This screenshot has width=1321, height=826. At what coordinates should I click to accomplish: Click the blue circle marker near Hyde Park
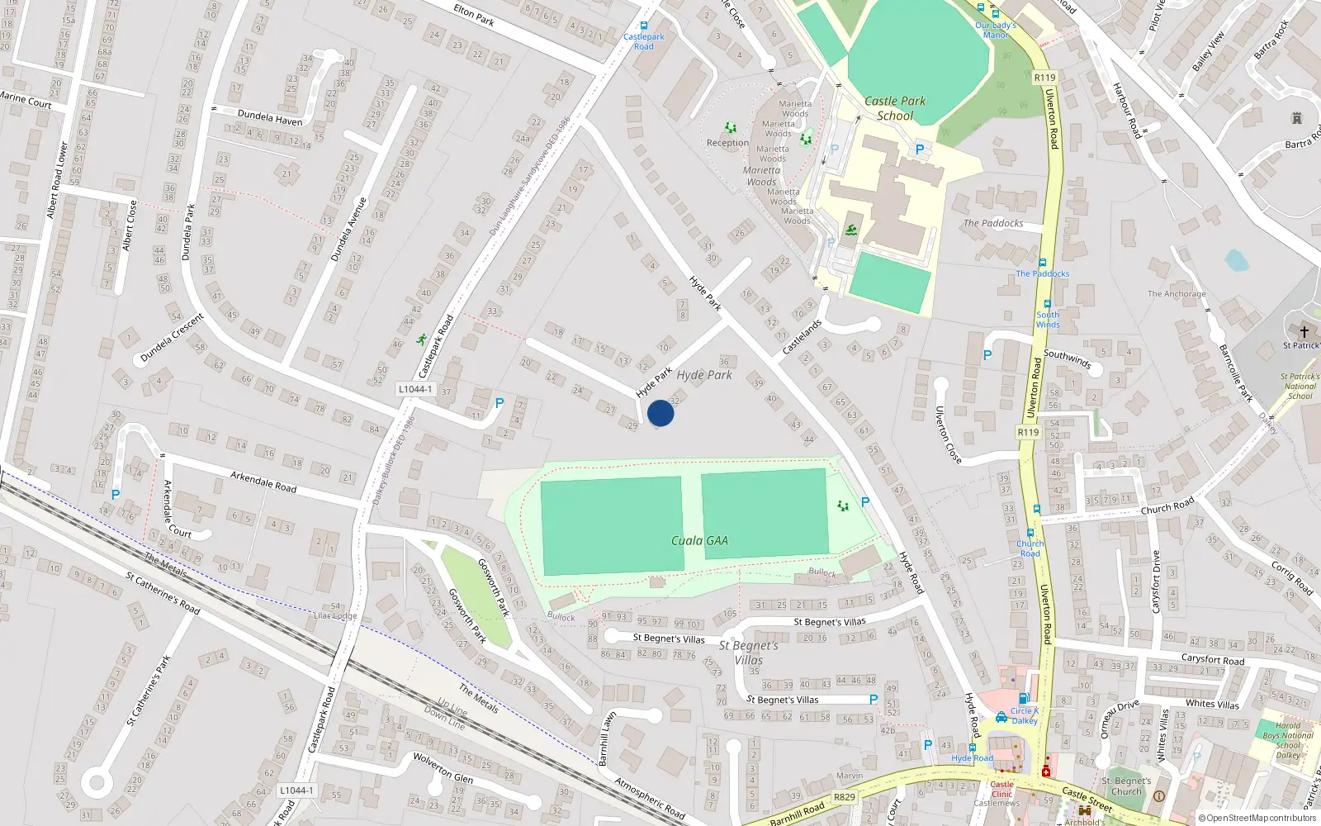point(660,413)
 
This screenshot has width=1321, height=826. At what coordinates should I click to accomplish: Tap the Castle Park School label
point(895,108)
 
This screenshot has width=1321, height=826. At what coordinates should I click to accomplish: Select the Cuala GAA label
point(699,540)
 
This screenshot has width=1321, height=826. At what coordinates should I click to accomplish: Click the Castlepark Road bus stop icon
point(644,26)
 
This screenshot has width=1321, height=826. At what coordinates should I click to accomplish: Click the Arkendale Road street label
point(263,482)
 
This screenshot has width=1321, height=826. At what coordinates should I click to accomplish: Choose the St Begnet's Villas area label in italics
point(748,653)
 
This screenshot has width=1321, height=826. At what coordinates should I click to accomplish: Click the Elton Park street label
point(474,14)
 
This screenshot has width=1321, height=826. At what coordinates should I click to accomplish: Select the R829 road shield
point(844,797)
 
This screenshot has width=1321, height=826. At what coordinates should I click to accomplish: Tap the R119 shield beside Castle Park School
point(1044,78)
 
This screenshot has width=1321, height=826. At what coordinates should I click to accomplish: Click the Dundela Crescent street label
point(172,337)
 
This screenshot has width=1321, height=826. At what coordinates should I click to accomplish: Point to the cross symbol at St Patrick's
point(1304,331)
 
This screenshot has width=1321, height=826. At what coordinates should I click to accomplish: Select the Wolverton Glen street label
point(443,767)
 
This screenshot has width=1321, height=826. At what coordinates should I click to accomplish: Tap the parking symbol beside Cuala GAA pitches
point(865,501)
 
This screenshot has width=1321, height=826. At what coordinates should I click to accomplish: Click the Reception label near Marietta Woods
point(727,143)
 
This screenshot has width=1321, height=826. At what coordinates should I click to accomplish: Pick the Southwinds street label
point(1068,358)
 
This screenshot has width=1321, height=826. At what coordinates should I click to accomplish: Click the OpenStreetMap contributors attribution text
point(1257,818)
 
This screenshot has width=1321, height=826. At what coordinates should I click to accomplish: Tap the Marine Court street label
point(26,100)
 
